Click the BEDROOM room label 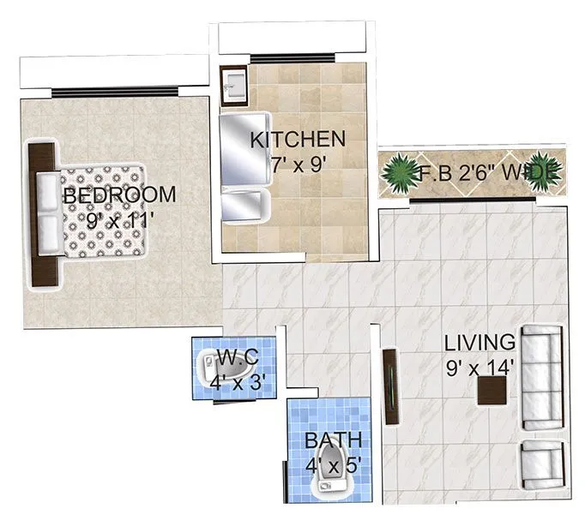(119, 194)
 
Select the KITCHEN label (298, 140)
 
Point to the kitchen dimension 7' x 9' (298, 164)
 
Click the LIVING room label (480, 343)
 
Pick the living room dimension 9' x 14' (479, 368)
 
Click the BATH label (333, 440)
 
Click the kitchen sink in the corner (233, 83)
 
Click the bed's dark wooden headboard (39, 214)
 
